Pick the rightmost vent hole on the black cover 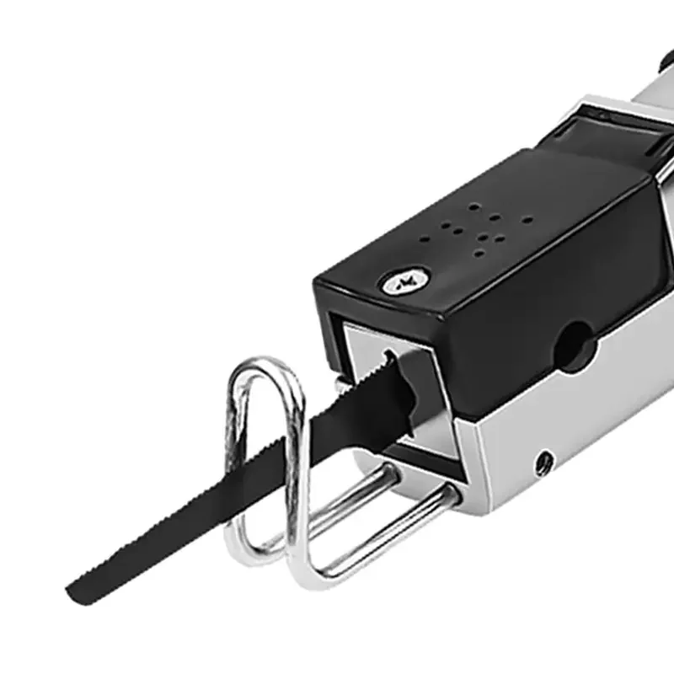526,221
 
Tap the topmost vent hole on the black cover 476,206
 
